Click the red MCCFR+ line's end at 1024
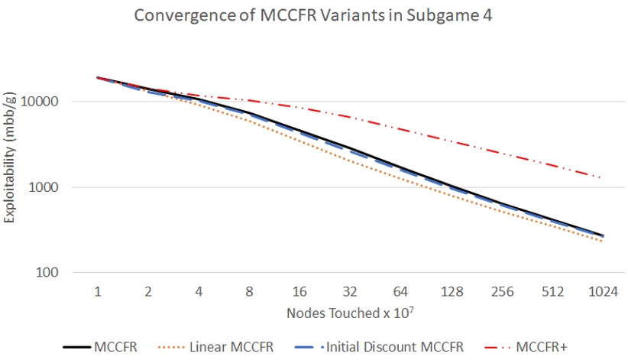point(601,178)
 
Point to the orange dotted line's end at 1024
point(601,241)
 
